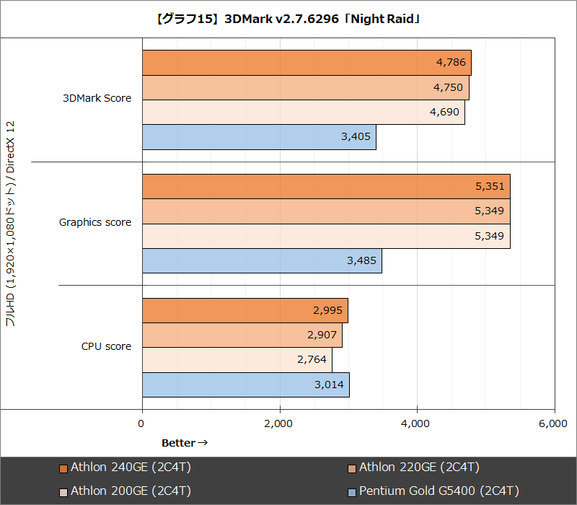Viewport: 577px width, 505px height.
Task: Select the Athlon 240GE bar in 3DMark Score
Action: point(307,63)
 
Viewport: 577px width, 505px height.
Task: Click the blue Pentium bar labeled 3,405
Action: point(259,137)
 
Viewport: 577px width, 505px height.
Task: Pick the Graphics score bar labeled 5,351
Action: point(326,186)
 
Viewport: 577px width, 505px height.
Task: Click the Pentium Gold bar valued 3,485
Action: point(262,260)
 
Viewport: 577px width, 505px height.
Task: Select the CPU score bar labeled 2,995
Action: point(245,310)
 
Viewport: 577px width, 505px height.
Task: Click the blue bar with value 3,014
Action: point(245,385)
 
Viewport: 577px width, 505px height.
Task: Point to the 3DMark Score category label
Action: point(97,98)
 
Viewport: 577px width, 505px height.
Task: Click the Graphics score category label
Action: point(95,222)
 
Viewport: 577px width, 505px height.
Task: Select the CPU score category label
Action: point(106,346)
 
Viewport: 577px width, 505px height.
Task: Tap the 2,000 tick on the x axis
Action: point(278,424)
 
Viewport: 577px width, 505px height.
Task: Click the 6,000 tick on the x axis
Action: point(552,424)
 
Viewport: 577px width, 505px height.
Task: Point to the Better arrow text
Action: point(185,442)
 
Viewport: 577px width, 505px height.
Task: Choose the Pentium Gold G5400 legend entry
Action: point(433,491)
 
